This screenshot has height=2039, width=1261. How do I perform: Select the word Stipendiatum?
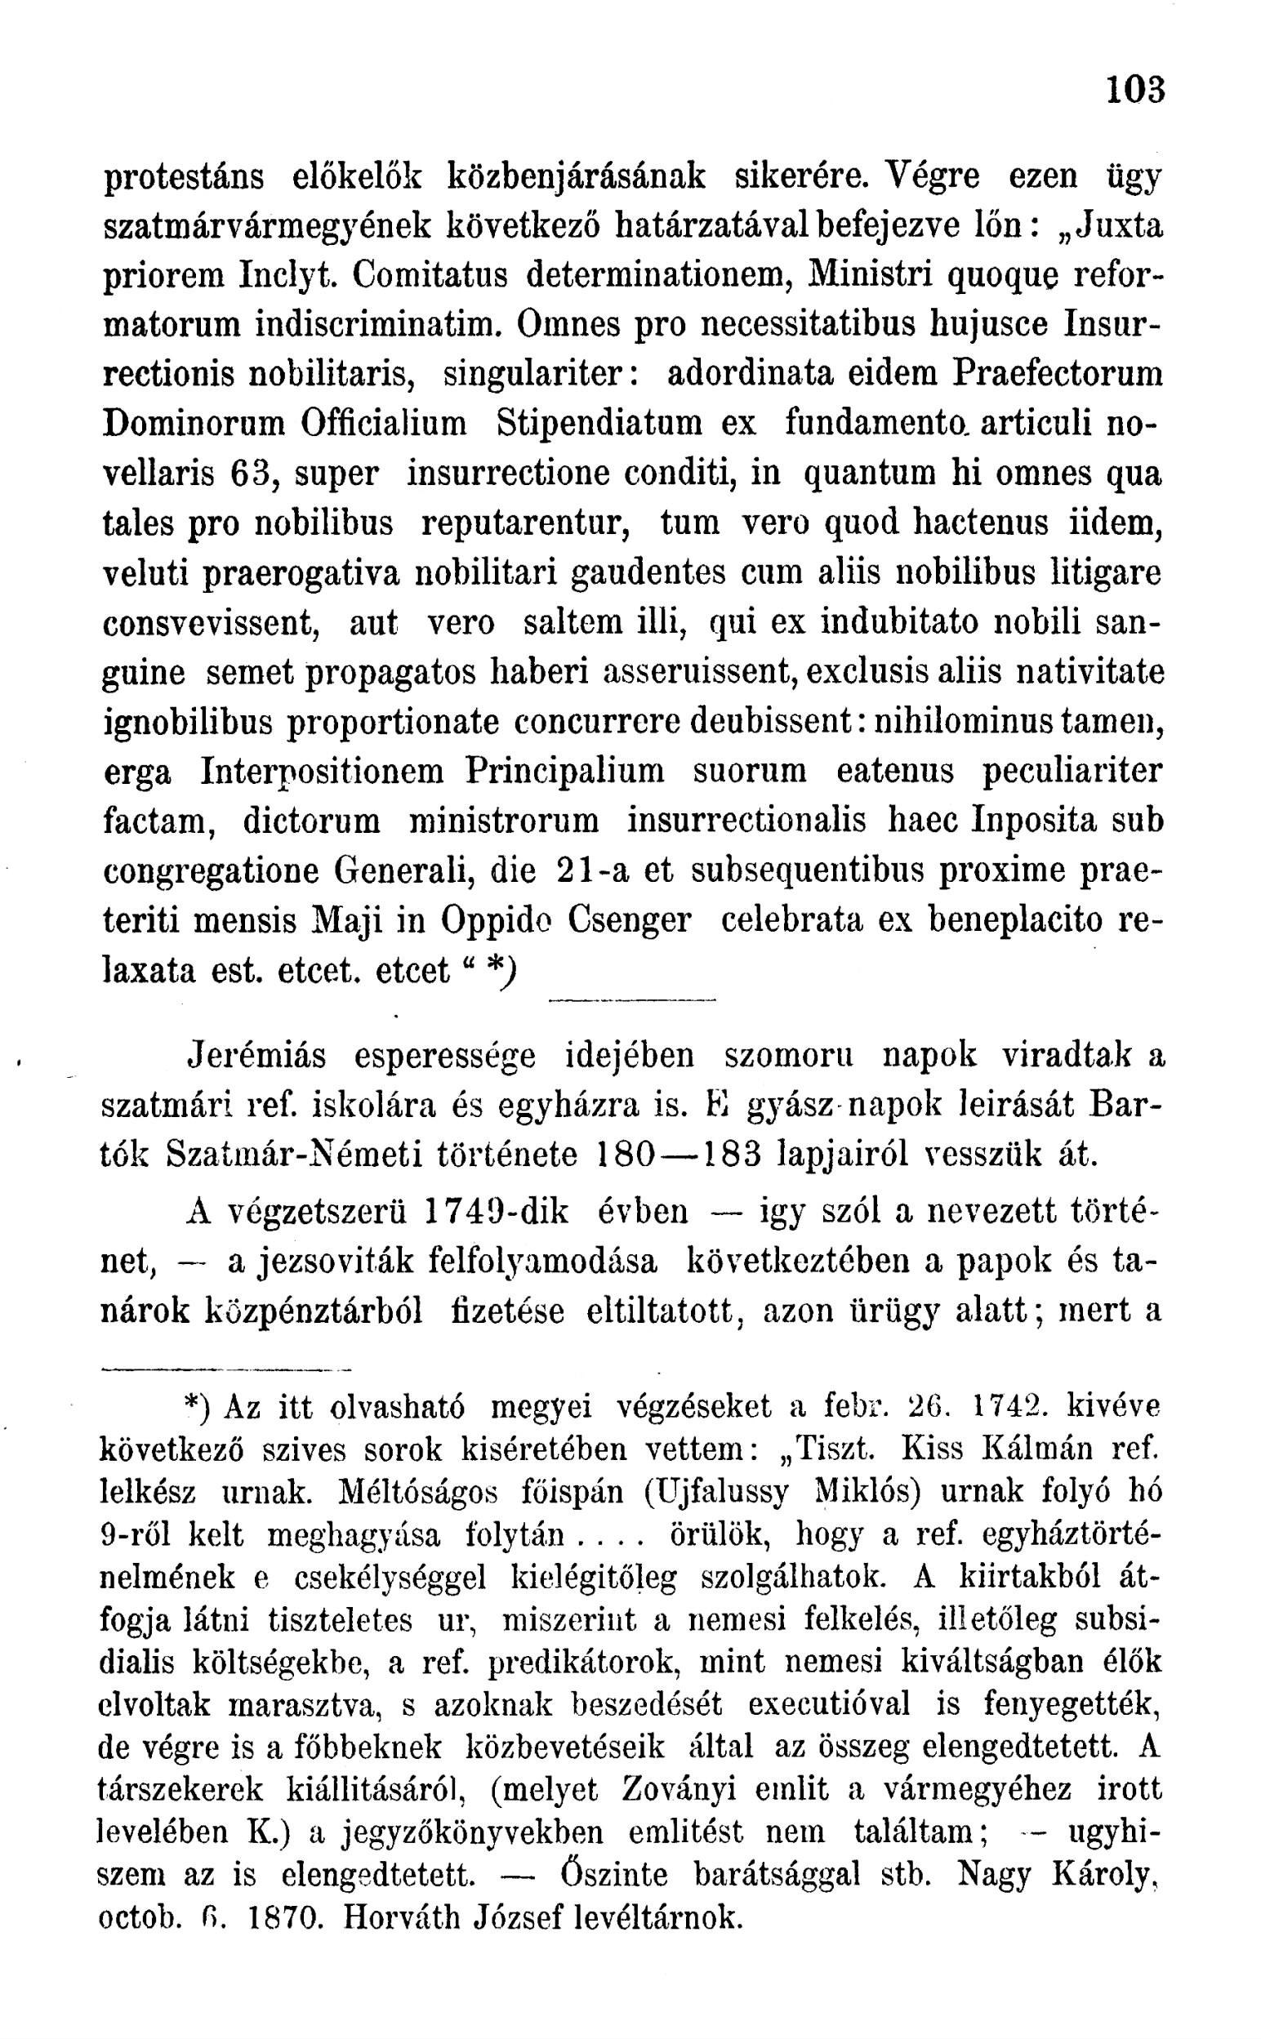pyautogui.click(x=600, y=424)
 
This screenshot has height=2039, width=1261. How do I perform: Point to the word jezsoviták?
pyautogui.click(x=333, y=1262)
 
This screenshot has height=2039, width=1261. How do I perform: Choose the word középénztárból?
pyautogui.click(x=312, y=1311)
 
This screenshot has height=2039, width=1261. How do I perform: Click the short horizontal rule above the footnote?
pyautogui.click(x=227, y=1369)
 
